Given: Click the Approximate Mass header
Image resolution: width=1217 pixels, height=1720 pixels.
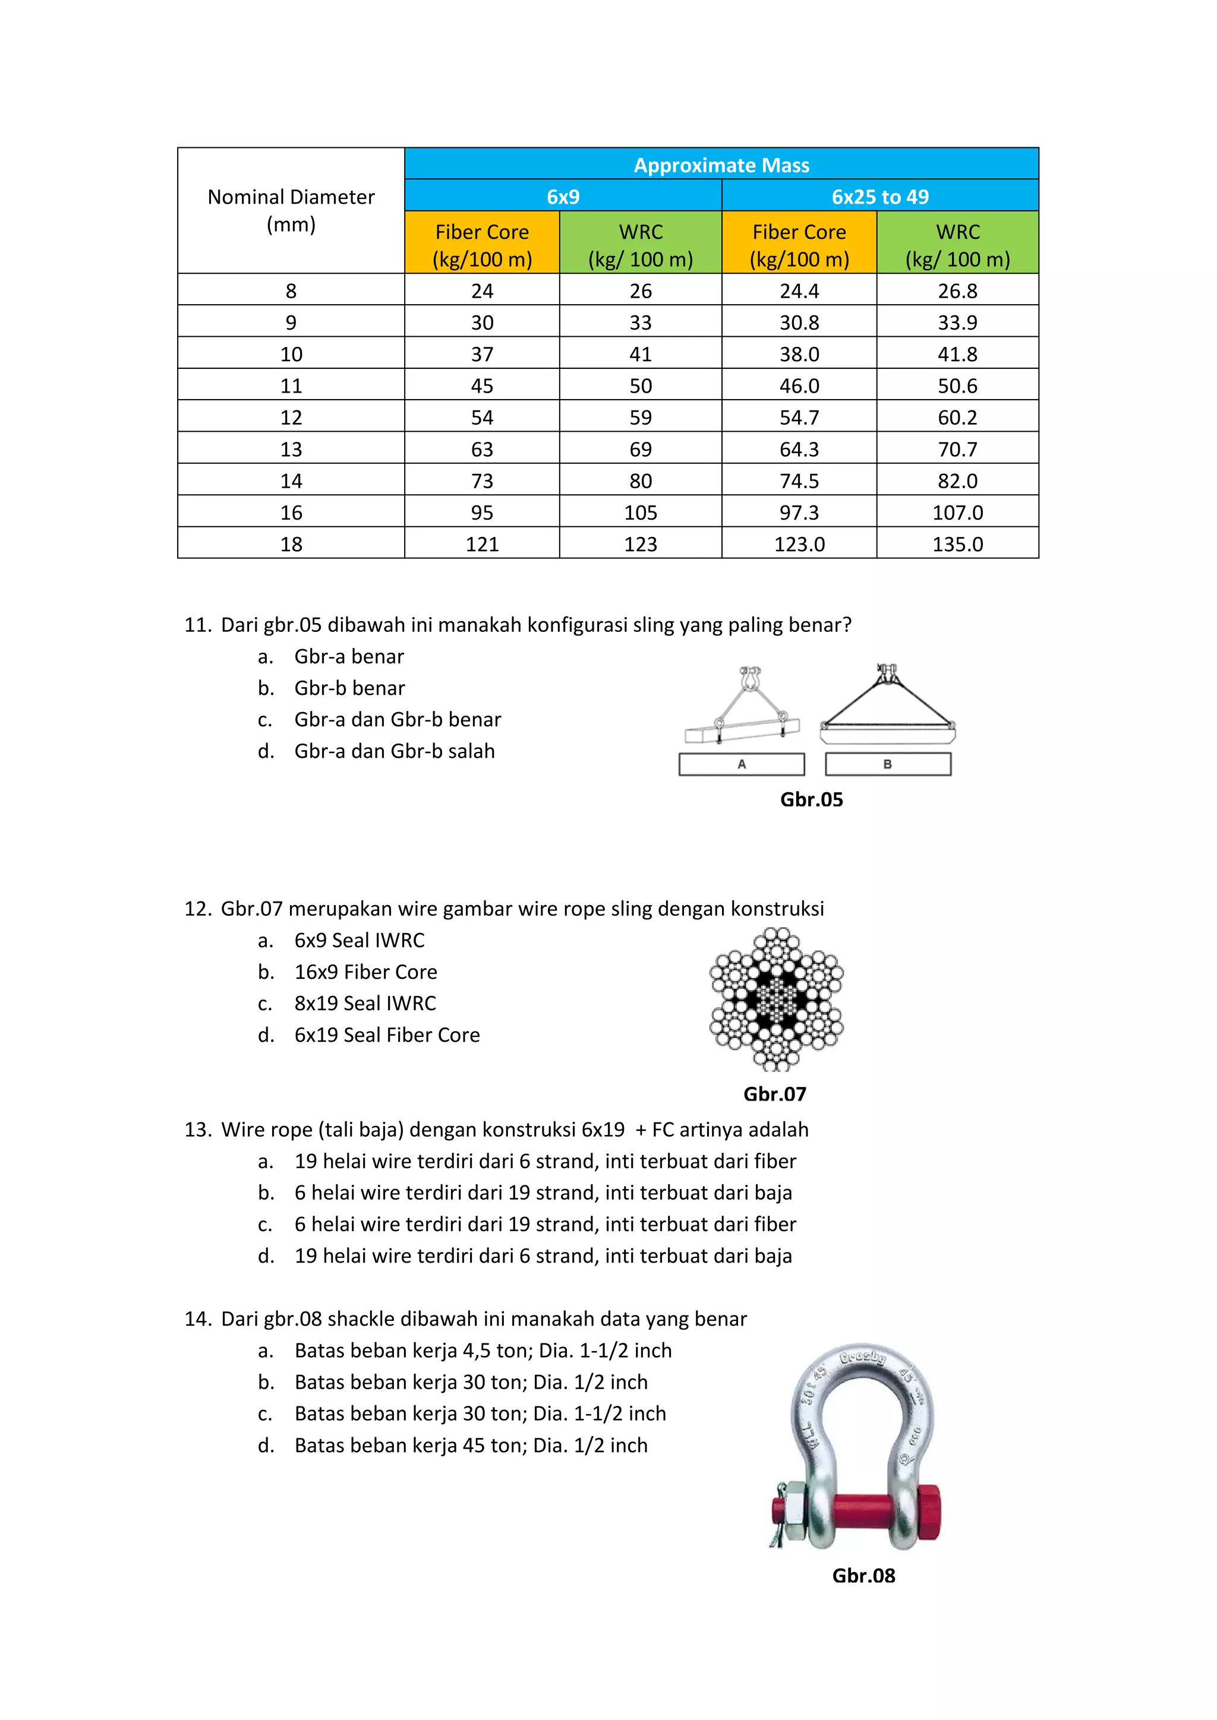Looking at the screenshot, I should click(721, 165).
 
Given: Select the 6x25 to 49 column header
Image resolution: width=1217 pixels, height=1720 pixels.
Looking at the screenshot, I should click(880, 196).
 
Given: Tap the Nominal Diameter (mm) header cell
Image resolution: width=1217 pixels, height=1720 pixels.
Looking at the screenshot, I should click(291, 210).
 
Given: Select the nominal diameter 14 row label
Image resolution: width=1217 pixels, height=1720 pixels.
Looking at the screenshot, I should click(291, 481).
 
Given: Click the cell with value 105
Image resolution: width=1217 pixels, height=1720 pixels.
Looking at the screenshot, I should click(640, 513).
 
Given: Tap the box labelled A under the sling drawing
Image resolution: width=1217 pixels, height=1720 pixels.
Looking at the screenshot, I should click(741, 764).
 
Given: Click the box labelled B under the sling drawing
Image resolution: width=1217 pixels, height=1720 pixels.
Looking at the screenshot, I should click(887, 764).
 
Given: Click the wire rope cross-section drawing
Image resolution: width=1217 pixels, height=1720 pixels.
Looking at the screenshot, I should click(776, 998).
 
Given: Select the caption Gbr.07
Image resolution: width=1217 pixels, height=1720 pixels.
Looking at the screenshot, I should click(774, 1094).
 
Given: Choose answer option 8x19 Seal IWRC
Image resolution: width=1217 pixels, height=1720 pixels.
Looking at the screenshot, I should click(364, 1003).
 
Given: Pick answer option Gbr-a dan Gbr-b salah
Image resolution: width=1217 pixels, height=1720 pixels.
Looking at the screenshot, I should click(394, 751).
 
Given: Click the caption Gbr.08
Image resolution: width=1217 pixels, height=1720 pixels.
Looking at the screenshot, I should click(863, 1576).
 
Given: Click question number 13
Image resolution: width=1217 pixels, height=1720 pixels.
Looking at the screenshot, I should click(198, 1130).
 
